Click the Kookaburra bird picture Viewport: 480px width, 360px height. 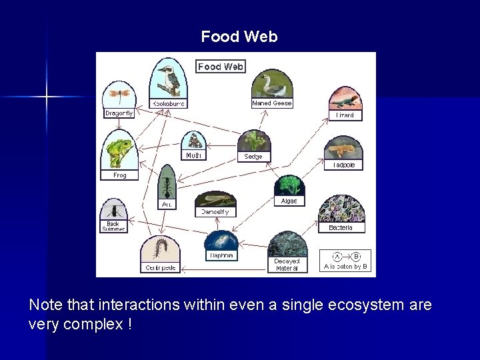click(x=167, y=79)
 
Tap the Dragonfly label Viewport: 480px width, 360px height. click(x=119, y=113)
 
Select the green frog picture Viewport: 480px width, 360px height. click(x=119, y=150)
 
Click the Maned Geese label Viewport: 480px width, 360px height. click(x=271, y=103)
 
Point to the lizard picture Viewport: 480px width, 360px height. click(x=345, y=99)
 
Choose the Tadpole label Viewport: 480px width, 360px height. click(x=344, y=165)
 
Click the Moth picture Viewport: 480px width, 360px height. click(x=194, y=141)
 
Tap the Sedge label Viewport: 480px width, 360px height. click(x=253, y=157)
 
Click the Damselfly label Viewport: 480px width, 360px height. click(x=215, y=212)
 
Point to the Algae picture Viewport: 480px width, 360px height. click(x=289, y=185)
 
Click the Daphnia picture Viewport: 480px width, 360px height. click(x=221, y=241)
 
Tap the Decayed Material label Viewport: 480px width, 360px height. click(x=287, y=265)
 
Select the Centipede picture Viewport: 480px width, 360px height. click(x=161, y=249)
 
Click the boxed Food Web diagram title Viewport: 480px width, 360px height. click(x=221, y=66)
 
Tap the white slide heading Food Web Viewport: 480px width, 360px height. click(x=239, y=37)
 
